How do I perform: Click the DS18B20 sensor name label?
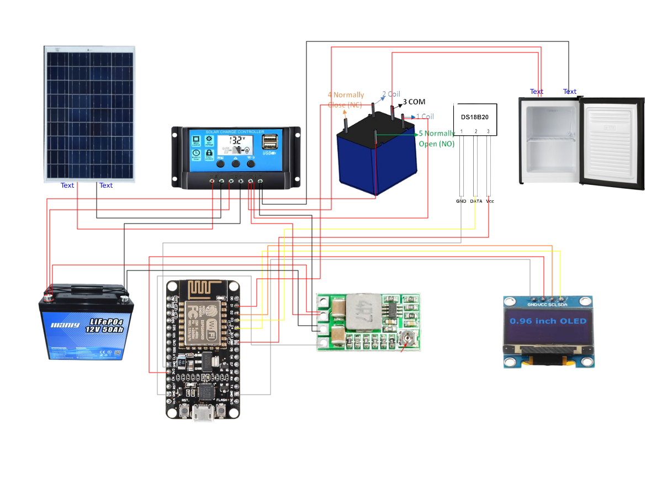click(475, 118)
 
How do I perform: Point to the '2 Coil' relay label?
click(391, 94)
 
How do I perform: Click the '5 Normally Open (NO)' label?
click(436, 139)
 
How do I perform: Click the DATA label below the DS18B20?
click(475, 201)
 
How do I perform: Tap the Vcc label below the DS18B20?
click(490, 201)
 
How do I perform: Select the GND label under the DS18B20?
click(461, 201)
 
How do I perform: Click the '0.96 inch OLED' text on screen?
click(548, 321)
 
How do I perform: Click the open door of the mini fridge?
click(613, 143)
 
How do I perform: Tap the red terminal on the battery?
click(50, 297)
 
